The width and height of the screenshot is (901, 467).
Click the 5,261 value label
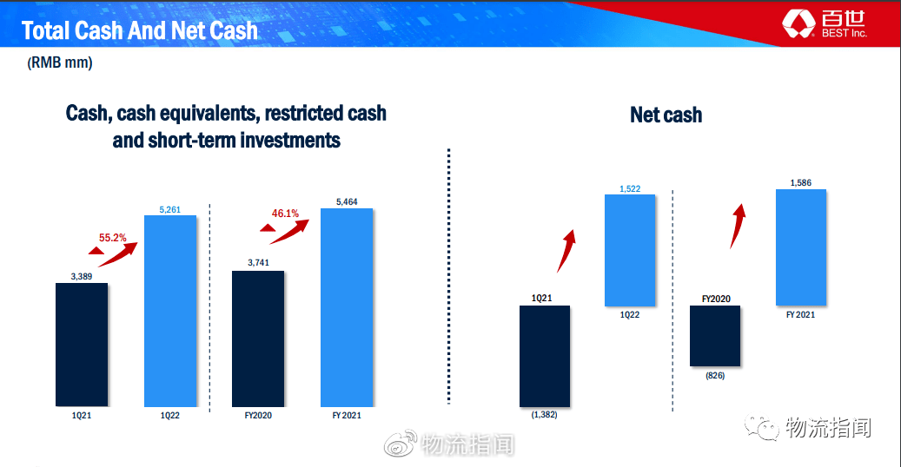point(170,210)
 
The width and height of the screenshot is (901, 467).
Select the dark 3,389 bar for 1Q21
point(82,345)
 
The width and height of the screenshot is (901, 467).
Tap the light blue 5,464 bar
point(347,307)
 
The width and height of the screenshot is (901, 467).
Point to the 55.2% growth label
point(113,237)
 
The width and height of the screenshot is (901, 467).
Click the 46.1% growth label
point(285,214)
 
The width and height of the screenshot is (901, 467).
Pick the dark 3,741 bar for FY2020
point(258,339)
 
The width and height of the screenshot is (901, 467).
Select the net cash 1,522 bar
point(630,250)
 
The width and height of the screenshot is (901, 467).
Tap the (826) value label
point(715,376)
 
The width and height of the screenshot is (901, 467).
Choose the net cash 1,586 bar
point(801,247)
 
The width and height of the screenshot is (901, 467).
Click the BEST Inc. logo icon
point(798,24)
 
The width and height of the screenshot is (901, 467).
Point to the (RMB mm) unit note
point(60,62)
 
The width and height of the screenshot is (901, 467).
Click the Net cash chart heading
point(666,115)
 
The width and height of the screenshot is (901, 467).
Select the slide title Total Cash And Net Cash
point(140,30)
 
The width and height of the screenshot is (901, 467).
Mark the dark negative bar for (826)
point(715,335)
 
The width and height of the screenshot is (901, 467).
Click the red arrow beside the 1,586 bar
point(738,226)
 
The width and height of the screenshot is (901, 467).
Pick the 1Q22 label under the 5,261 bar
point(170,415)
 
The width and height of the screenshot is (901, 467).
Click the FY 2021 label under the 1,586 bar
point(800,315)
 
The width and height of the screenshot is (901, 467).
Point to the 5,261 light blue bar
point(170,311)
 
